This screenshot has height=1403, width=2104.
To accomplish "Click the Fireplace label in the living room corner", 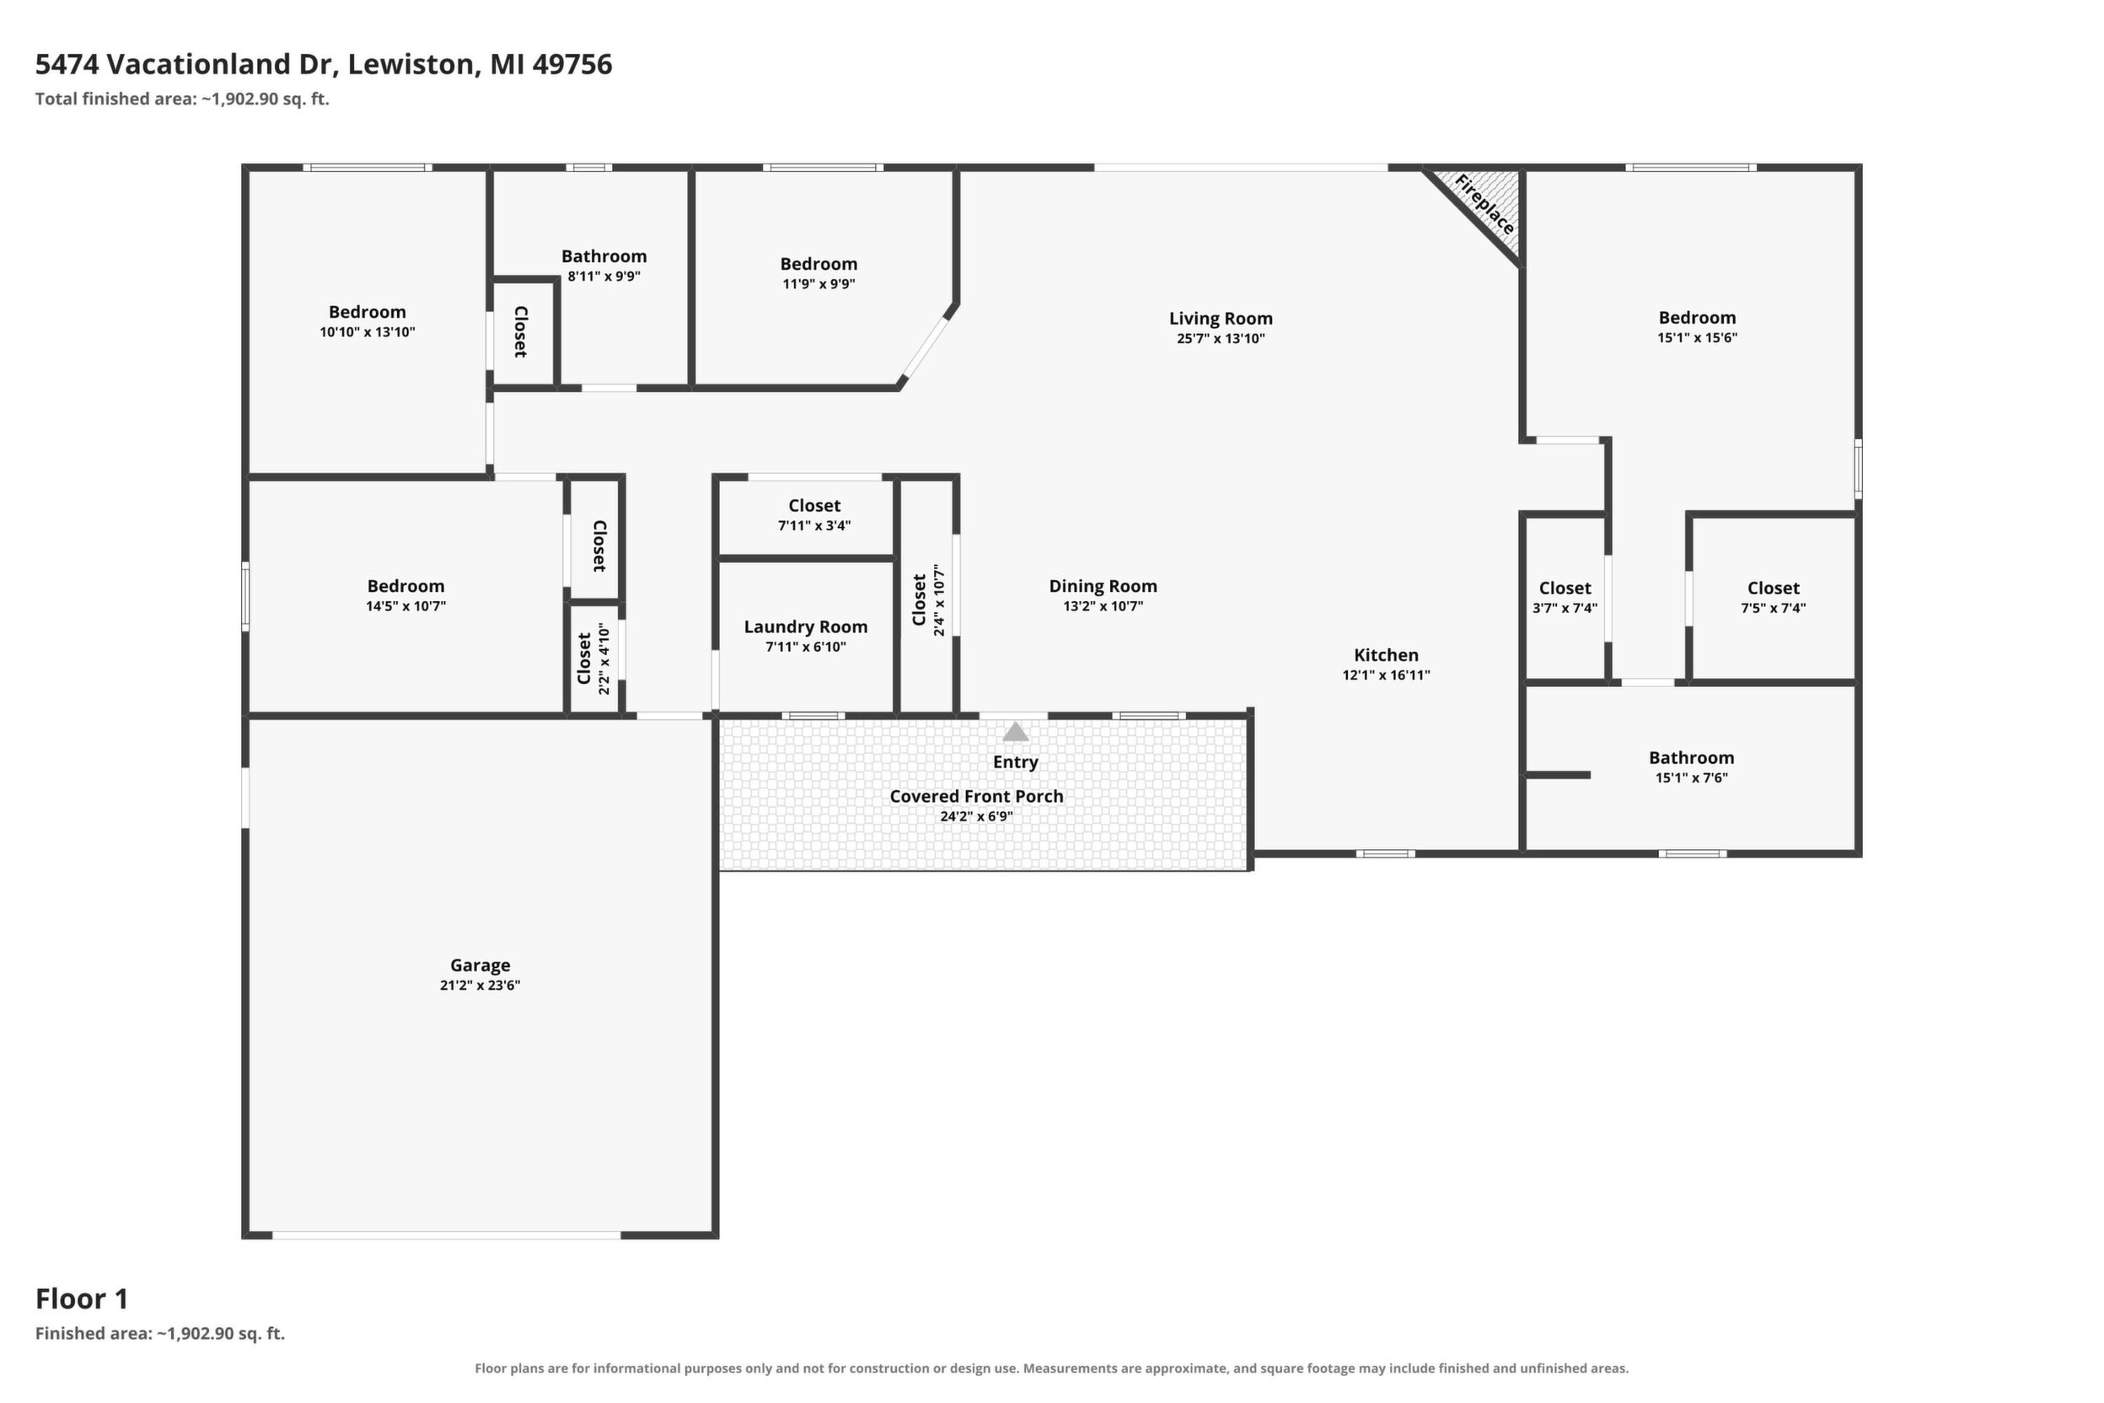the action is tap(1485, 205).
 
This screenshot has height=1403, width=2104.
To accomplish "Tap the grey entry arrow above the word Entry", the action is tap(1015, 732).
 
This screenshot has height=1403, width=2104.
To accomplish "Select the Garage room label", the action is tap(480, 965).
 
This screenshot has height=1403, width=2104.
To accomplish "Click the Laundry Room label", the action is tap(806, 627).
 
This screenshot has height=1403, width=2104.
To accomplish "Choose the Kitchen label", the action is tap(1386, 655).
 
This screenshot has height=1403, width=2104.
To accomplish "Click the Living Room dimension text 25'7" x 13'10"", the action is tap(1221, 339).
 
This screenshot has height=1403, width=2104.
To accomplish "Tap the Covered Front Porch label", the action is tap(977, 796).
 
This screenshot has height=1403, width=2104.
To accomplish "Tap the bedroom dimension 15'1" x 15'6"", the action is tap(1697, 338).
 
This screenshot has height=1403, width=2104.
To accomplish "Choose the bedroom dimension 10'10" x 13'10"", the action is tap(368, 333).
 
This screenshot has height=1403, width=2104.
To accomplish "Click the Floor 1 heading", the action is tap(83, 1298).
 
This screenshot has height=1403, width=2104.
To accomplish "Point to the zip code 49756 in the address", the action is tap(572, 64).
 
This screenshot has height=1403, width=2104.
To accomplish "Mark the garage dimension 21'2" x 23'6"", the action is tap(480, 986).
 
